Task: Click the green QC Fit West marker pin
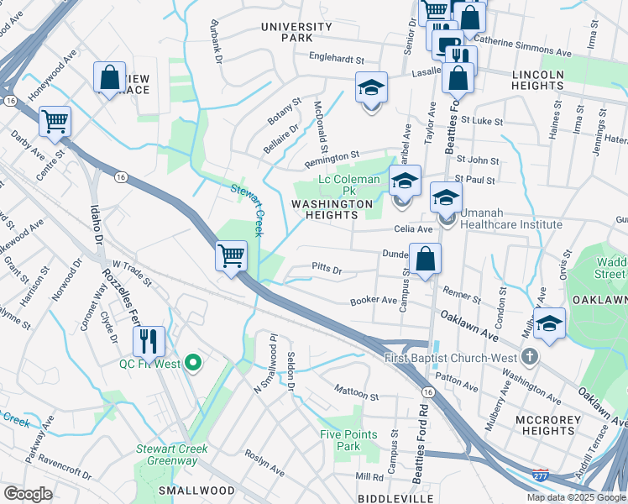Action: [x=193, y=364]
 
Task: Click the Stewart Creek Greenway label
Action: [x=172, y=454]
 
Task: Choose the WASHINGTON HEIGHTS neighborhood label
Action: [x=331, y=209]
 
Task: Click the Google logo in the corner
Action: [x=28, y=494]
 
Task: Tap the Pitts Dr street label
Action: [x=327, y=270]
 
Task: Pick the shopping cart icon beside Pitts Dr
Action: [x=231, y=255]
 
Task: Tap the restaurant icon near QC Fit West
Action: [x=148, y=341]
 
